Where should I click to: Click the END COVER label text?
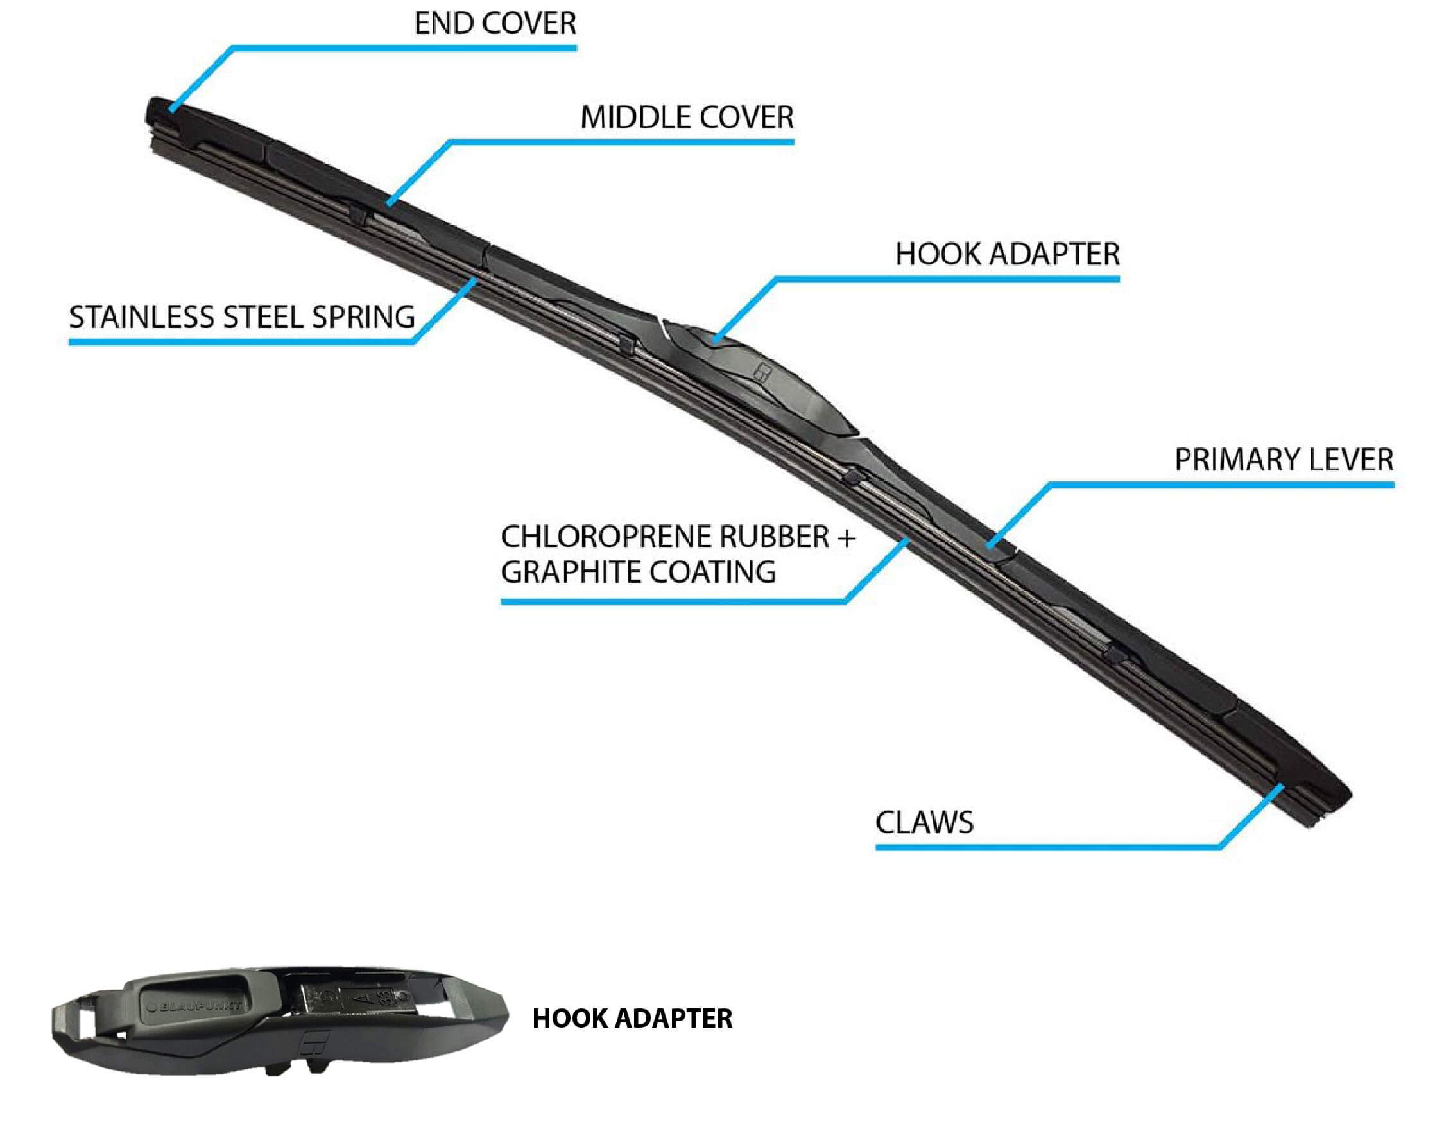[495, 24]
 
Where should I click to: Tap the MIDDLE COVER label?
[687, 118]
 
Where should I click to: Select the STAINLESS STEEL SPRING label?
[242, 317]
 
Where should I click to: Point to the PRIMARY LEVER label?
[1284, 460]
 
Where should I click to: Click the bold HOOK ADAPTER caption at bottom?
[632, 1019]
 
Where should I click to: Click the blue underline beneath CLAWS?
[1045, 847]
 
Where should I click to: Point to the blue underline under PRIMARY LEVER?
[1219, 485]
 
